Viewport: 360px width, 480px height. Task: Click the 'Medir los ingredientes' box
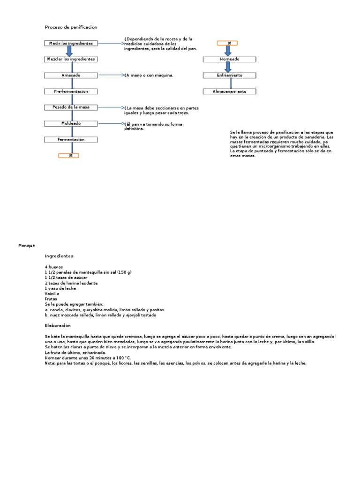(x=71, y=43)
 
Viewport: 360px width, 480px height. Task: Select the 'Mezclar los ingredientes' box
(x=71, y=59)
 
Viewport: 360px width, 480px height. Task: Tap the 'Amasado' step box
(x=71, y=75)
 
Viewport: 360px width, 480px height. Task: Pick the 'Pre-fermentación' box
(x=71, y=91)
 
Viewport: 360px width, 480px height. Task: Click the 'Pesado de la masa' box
(x=71, y=107)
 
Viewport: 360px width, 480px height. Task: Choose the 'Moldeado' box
(x=71, y=123)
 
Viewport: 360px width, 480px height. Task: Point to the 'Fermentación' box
(x=71, y=140)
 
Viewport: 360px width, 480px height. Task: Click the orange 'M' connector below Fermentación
(x=68, y=156)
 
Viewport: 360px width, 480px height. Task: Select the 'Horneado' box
(x=229, y=60)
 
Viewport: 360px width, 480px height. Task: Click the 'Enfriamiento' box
(x=229, y=75)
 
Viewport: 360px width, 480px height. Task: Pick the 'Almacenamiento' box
(x=229, y=91)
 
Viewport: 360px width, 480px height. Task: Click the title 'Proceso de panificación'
(x=71, y=27)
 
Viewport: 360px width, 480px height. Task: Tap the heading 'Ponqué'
(x=27, y=245)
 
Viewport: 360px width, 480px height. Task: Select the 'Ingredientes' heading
(x=59, y=256)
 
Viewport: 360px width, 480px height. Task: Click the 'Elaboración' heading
(x=58, y=325)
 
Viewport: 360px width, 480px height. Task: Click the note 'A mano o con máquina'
(x=149, y=75)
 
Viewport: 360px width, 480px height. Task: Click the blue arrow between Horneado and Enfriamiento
(x=228, y=67)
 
